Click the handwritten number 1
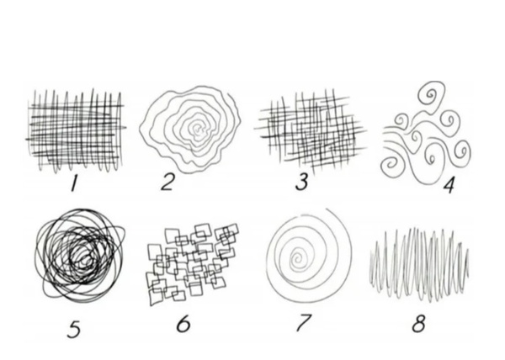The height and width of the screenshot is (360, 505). pyautogui.click(x=74, y=183)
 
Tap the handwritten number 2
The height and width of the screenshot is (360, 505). pyautogui.click(x=167, y=182)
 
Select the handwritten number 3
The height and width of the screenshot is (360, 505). pyautogui.click(x=302, y=182)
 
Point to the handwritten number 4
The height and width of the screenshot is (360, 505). pyautogui.click(x=449, y=185)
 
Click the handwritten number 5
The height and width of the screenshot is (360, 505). pyautogui.click(x=74, y=329)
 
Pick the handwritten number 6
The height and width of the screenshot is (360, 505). pyautogui.click(x=183, y=323)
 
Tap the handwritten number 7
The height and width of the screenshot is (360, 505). pyautogui.click(x=303, y=322)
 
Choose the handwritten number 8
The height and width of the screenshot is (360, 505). pyautogui.click(x=418, y=323)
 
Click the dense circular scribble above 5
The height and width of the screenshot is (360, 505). pyautogui.click(x=79, y=256)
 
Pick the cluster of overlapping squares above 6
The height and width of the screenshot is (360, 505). pyautogui.click(x=192, y=264)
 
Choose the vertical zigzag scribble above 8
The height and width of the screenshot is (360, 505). pyautogui.click(x=418, y=264)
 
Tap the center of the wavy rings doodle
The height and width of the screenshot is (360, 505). pyautogui.click(x=197, y=129)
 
